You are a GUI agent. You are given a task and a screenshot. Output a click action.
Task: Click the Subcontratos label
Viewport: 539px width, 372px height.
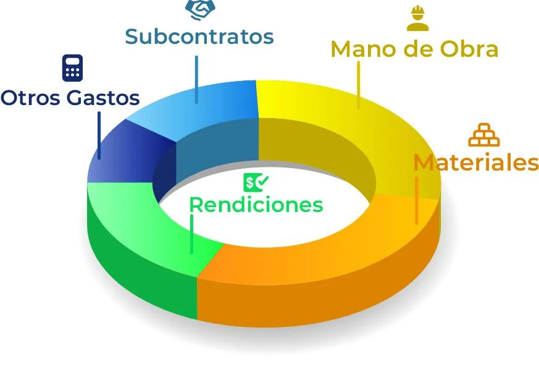coord(199,36)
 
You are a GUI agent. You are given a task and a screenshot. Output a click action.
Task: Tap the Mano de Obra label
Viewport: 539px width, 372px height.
coord(414,49)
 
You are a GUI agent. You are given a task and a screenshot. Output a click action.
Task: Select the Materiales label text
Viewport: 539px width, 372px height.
coord(475,163)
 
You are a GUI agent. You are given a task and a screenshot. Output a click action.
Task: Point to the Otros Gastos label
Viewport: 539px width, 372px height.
coord(70,98)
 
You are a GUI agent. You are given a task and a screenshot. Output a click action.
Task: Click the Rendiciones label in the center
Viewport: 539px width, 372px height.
coord(256,204)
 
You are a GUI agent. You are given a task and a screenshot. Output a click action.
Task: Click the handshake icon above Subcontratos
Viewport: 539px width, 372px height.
coord(200,9)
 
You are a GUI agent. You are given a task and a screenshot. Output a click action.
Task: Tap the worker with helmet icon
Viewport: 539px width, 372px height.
coord(417,18)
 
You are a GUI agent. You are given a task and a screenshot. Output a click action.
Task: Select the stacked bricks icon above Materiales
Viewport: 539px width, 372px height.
coord(483,135)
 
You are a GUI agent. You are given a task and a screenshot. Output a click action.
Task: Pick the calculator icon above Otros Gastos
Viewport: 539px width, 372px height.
coord(72,68)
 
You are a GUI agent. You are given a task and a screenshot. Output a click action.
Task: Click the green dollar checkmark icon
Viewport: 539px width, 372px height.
coord(256,182)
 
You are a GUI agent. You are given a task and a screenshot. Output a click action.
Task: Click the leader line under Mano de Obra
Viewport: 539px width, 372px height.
coord(358,83)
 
